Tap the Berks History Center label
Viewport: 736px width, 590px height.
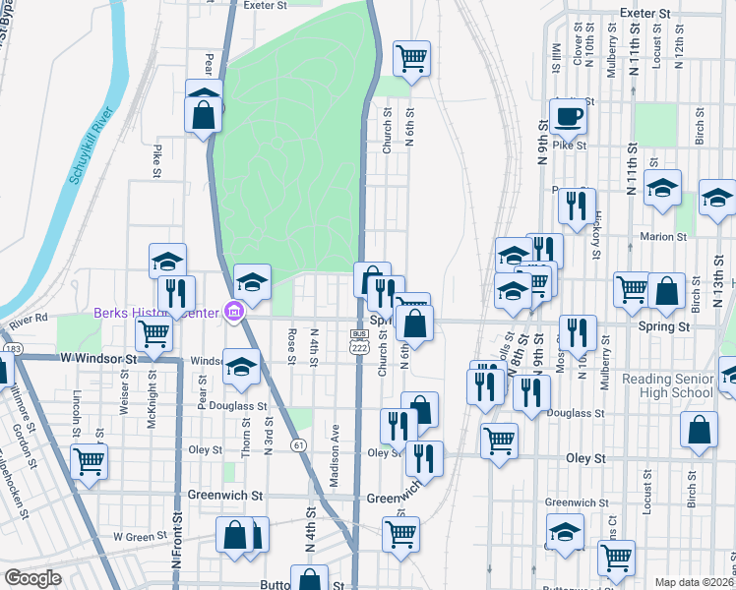pos(155,314)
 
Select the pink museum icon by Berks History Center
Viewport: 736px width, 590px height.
pos(233,314)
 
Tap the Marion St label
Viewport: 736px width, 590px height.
pos(662,237)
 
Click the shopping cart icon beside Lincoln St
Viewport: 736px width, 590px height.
pos(89,459)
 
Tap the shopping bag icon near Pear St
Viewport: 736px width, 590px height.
pos(203,111)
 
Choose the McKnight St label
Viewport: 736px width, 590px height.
pos(152,385)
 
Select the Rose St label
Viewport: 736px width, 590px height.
pos(292,345)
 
